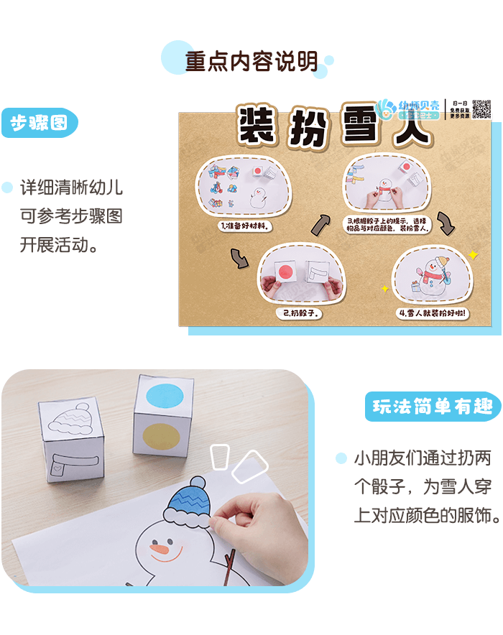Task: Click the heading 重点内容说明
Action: [x=251, y=62]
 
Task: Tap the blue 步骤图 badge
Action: [x=39, y=124]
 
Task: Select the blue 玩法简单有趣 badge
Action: [x=433, y=407]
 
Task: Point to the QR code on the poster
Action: [x=481, y=110]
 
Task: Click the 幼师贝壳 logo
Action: [x=410, y=109]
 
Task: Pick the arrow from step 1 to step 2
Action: [x=239, y=256]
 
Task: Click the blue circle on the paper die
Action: [x=165, y=397]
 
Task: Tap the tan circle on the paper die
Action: [x=163, y=439]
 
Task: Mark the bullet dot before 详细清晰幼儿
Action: [x=7, y=188]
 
